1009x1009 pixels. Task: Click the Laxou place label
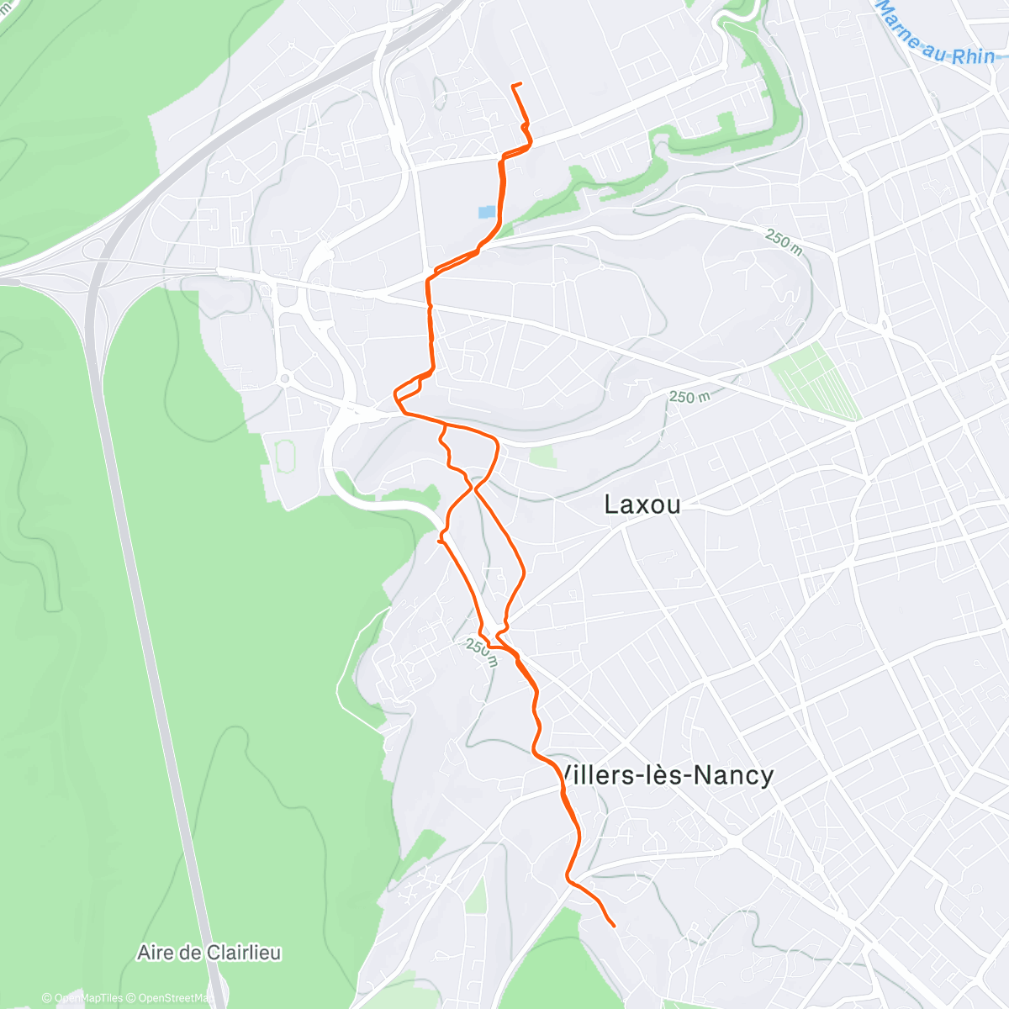click(642, 504)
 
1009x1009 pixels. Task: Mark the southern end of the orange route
click(614, 926)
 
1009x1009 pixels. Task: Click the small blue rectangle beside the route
click(487, 213)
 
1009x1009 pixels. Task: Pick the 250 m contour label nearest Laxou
click(689, 396)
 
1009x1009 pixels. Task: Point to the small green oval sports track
click(283, 454)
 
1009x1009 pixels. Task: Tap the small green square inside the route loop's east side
click(543, 457)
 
